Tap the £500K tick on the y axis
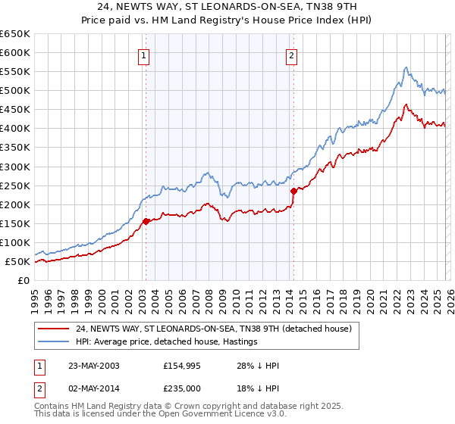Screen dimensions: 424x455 click(15, 91)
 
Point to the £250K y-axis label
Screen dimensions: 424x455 click(15, 185)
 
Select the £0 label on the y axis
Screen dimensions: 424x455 click(22, 280)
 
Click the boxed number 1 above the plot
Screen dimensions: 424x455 click(144, 55)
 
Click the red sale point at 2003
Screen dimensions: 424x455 click(146, 221)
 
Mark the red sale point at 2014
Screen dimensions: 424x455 click(293, 191)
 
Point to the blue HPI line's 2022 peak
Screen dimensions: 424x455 click(406, 67)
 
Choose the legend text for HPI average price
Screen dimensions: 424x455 click(167, 341)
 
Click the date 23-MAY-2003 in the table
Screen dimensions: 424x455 click(92, 366)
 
